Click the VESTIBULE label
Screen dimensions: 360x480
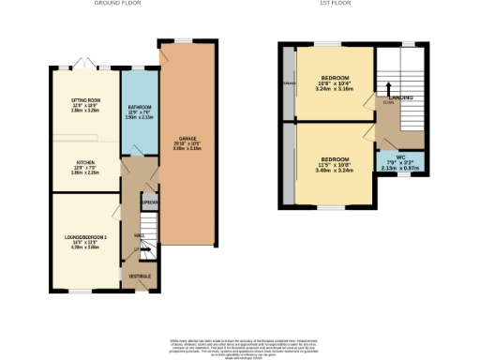140,277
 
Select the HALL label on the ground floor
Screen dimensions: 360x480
139,234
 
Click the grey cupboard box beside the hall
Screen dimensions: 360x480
148,202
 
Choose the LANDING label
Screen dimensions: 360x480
400,97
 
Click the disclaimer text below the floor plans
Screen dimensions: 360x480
239,344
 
